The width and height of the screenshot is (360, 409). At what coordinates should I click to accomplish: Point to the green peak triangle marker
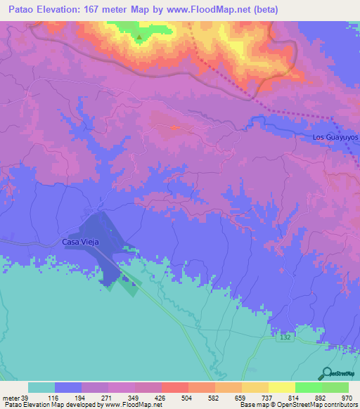point(139,38)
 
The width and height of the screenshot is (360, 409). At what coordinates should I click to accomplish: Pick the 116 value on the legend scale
point(56,397)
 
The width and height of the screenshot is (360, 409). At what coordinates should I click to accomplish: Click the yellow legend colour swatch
point(282,387)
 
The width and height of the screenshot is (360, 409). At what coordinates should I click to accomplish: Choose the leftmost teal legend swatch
point(41,387)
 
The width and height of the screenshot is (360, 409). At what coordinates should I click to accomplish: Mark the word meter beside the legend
point(11,397)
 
